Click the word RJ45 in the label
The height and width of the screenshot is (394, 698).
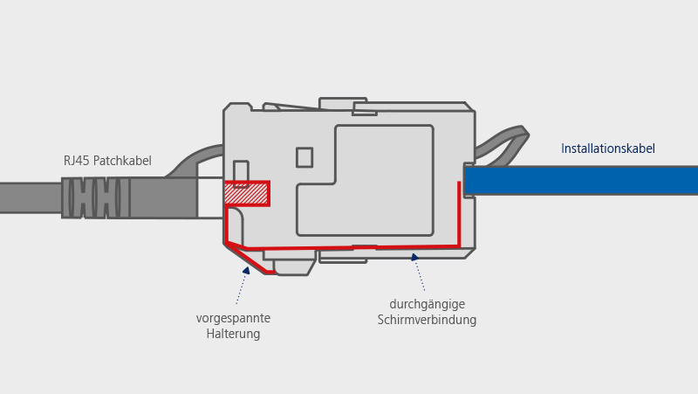click(77, 161)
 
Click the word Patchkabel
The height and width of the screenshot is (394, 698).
click(122, 161)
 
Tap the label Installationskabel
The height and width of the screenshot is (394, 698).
click(608, 149)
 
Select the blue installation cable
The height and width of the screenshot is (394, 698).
click(580, 180)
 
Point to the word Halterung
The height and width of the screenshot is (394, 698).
click(233, 334)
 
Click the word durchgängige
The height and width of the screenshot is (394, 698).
click(427, 304)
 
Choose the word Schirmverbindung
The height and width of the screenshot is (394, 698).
click(427, 320)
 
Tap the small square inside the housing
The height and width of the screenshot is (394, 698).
click(304, 157)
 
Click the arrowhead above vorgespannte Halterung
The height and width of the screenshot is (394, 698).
click(246, 271)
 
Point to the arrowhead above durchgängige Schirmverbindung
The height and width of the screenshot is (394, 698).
click(414, 257)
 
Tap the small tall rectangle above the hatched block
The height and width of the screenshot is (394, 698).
click(241, 172)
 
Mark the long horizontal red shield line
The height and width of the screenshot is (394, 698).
click(349, 248)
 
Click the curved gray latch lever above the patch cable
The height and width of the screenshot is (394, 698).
click(196, 158)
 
